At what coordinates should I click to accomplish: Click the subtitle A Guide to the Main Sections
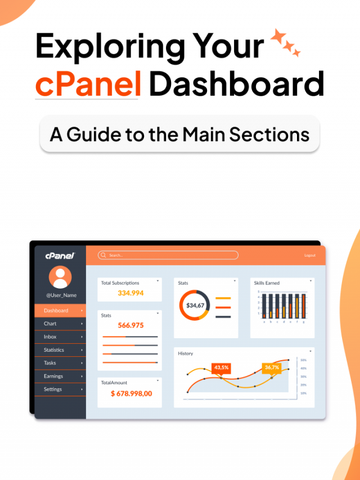click(x=179, y=134)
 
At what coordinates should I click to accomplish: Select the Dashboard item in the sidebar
click(x=56, y=311)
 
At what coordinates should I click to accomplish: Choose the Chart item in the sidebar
click(x=51, y=324)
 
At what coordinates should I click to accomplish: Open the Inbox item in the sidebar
click(x=51, y=337)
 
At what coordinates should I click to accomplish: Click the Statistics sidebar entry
click(x=54, y=350)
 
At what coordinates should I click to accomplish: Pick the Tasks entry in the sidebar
click(x=50, y=363)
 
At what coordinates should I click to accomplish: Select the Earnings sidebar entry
click(x=53, y=376)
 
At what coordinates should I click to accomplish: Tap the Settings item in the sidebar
click(x=53, y=389)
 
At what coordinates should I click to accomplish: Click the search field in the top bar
click(x=168, y=255)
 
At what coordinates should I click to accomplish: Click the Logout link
click(x=310, y=255)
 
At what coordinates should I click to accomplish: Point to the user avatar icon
click(x=60, y=277)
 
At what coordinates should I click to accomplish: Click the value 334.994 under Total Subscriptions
click(x=130, y=293)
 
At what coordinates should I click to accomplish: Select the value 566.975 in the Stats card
click(x=130, y=325)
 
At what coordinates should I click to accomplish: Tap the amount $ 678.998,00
click(x=131, y=393)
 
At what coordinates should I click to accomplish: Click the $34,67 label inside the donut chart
click(x=195, y=306)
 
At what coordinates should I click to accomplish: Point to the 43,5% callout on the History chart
click(x=221, y=367)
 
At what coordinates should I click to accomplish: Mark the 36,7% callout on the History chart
click(x=272, y=367)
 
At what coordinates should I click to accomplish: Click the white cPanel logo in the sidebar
click(x=60, y=255)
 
